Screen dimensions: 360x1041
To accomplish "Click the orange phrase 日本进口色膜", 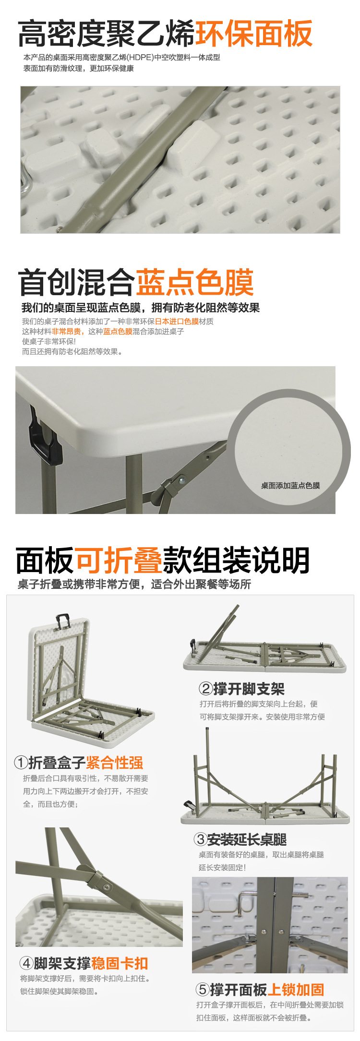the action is pyautogui.click(x=177, y=321).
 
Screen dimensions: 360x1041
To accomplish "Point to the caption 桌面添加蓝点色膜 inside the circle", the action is pyautogui.click(x=290, y=486).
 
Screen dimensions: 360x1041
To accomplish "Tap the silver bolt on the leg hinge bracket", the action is pyautogui.click(x=182, y=479).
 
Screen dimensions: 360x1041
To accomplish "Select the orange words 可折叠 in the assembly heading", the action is pyautogui.click(x=118, y=560).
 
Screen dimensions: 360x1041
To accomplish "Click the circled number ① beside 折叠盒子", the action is pyautogui.click(x=21, y=762).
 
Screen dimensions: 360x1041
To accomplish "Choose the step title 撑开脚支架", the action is pyautogui.click(x=249, y=689).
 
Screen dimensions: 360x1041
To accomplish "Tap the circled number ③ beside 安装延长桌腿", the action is pyautogui.click(x=200, y=839).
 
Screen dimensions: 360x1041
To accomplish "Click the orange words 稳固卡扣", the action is pyautogui.click(x=120, y=963).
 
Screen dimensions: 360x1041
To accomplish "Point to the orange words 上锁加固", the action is pyautogui.click(x=296, y=989).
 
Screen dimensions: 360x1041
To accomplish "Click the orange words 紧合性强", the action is pyautogui.click(x=115, y=762).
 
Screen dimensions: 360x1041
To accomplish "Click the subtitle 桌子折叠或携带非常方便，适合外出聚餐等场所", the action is pyautogui.click(x=134, y=584).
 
